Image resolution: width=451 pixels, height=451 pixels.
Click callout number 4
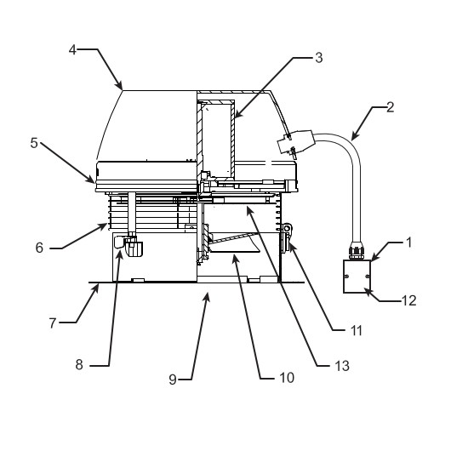pyautogui.click(x=72, y=49)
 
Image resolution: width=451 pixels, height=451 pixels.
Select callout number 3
pyautogui.click(x=319, y=58)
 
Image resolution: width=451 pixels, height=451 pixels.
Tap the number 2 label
pyautogui.click(x=390, y=107)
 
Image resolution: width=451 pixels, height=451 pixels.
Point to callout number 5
pyautogui.click(x=34, y=143)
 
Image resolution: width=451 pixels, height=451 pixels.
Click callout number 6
pyautogui.click(x=39, y=248)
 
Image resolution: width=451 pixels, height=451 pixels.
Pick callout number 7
pyautogui.click(x=53, y=323)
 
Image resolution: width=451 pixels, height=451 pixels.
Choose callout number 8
pyautogui.click(x=79, y=365)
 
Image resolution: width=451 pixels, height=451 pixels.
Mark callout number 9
pyautogui.click(x=173, y=380)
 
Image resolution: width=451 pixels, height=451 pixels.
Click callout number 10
pyautogui.click(x=287, y=378)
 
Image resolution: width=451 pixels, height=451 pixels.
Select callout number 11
pyautogui.click(x=357, y=331)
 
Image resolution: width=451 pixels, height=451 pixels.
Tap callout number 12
pyautogui.click(x=408, y=301)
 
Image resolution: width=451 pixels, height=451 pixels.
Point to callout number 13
pyautogui.click(x=342, y=366)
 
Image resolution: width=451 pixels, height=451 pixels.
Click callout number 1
pyautogui.click(x=408, y=243)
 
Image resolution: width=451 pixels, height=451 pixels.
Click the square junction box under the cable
pyautogui.click(x=357, y=277)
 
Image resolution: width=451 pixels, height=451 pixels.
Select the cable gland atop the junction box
pyautogui.click(x=357, y=250)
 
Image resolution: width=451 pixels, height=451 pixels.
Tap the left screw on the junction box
pyautogui.click(x=346, y=277)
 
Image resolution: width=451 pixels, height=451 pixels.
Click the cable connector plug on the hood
pyautogui.click(x=295, y=142)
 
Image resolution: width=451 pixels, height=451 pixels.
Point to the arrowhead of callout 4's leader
pyautogui.click(x=119, y=85)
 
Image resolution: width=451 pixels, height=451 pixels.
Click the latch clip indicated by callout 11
pyautogui.click(x=287, y=238)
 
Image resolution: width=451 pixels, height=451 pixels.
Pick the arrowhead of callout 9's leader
pyautogui.click(x=207, y=296)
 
